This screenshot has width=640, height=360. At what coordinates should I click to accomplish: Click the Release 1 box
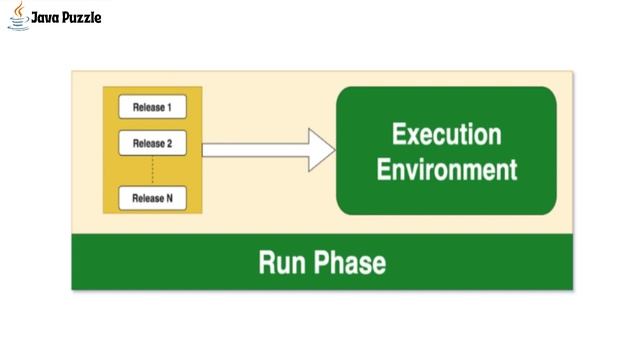coord(152,106)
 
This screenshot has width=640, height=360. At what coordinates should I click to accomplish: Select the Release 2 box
coord(152,144)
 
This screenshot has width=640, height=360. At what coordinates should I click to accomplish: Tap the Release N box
coord(152,198)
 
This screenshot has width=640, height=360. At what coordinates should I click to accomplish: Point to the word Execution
coord(446,134)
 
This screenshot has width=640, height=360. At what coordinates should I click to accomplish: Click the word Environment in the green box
coord(446,168)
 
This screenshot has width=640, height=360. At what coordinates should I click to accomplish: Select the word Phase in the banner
coord(349,263)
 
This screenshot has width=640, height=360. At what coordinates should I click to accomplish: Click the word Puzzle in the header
coord(81,17)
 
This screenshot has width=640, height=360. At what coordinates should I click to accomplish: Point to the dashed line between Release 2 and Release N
coord(152,171)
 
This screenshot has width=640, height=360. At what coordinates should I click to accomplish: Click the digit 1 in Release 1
coord(169,106)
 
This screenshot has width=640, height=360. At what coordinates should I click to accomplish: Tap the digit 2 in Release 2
coord(169,144)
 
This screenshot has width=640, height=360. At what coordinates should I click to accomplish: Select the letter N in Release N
coord(169,198)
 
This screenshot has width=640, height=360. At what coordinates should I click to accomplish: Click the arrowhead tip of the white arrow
coord(334,150)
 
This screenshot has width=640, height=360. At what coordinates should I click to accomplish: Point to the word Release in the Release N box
coord(146,198)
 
